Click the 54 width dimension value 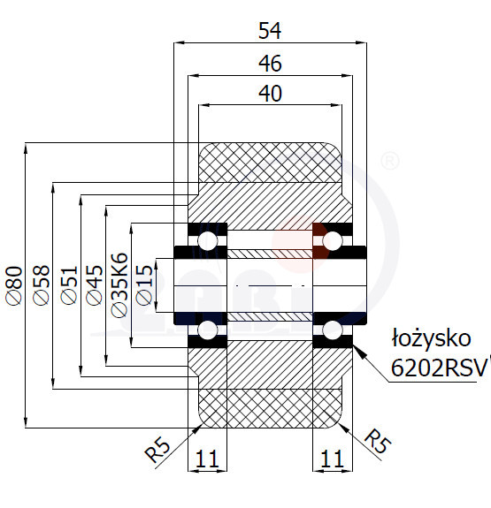pyautogui.click(x=270, y=31)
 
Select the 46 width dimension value pyautogui.click(x=270, y=64)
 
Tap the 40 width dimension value pyautogui.click(x=270, y=94)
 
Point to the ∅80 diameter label pyautogui.click(x=15, y=285)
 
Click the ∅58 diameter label pyautogui.click(x=42, y=285)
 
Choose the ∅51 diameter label pyautogui.click(x=69, y=285)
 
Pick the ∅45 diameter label pyautogui.click(x=95, y=285)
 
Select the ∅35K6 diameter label pyautogui.click(x=119, y=285)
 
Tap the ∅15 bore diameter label pyautogui.click(x=144, y=285)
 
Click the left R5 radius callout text pyautogui.click(x=157, y=450)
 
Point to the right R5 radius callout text pyautogui.click(x=378, y=441)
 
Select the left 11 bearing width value pyautogui.click(x=207, y=459)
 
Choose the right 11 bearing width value pyautogui.click(x=332, y=459)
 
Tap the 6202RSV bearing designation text pyautogui.click(x=440, y=368)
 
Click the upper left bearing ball pyautogui.click(x=208, y=240)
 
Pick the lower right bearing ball pyautogui.click(x=333, y=330)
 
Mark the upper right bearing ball pyautogui.click(x=333, y=240)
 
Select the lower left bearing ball pyautogui.click(x=208, y=330)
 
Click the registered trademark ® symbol pyautogui.click(x=388, y=161)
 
